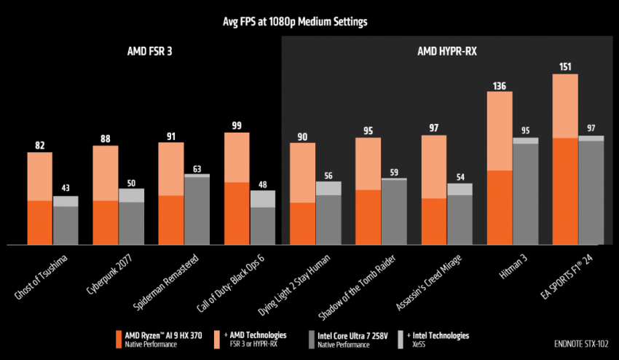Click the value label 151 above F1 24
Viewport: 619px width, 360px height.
565,67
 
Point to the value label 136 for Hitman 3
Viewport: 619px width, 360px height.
499,85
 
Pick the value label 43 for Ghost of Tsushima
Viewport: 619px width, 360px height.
66,189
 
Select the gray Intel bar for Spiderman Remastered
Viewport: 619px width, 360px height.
197,211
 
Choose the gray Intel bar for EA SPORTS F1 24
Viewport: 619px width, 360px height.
591,193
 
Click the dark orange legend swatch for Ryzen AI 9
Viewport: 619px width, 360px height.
119,339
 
